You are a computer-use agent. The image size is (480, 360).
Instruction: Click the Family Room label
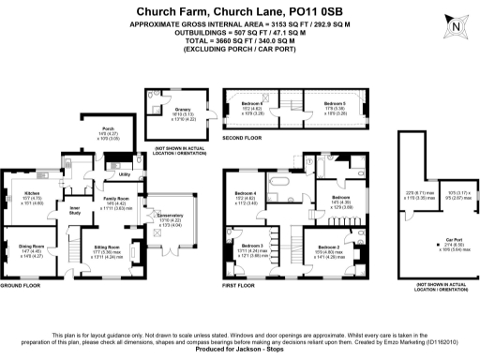point(117,199)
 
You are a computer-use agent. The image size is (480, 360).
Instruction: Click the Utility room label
point(124,174)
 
